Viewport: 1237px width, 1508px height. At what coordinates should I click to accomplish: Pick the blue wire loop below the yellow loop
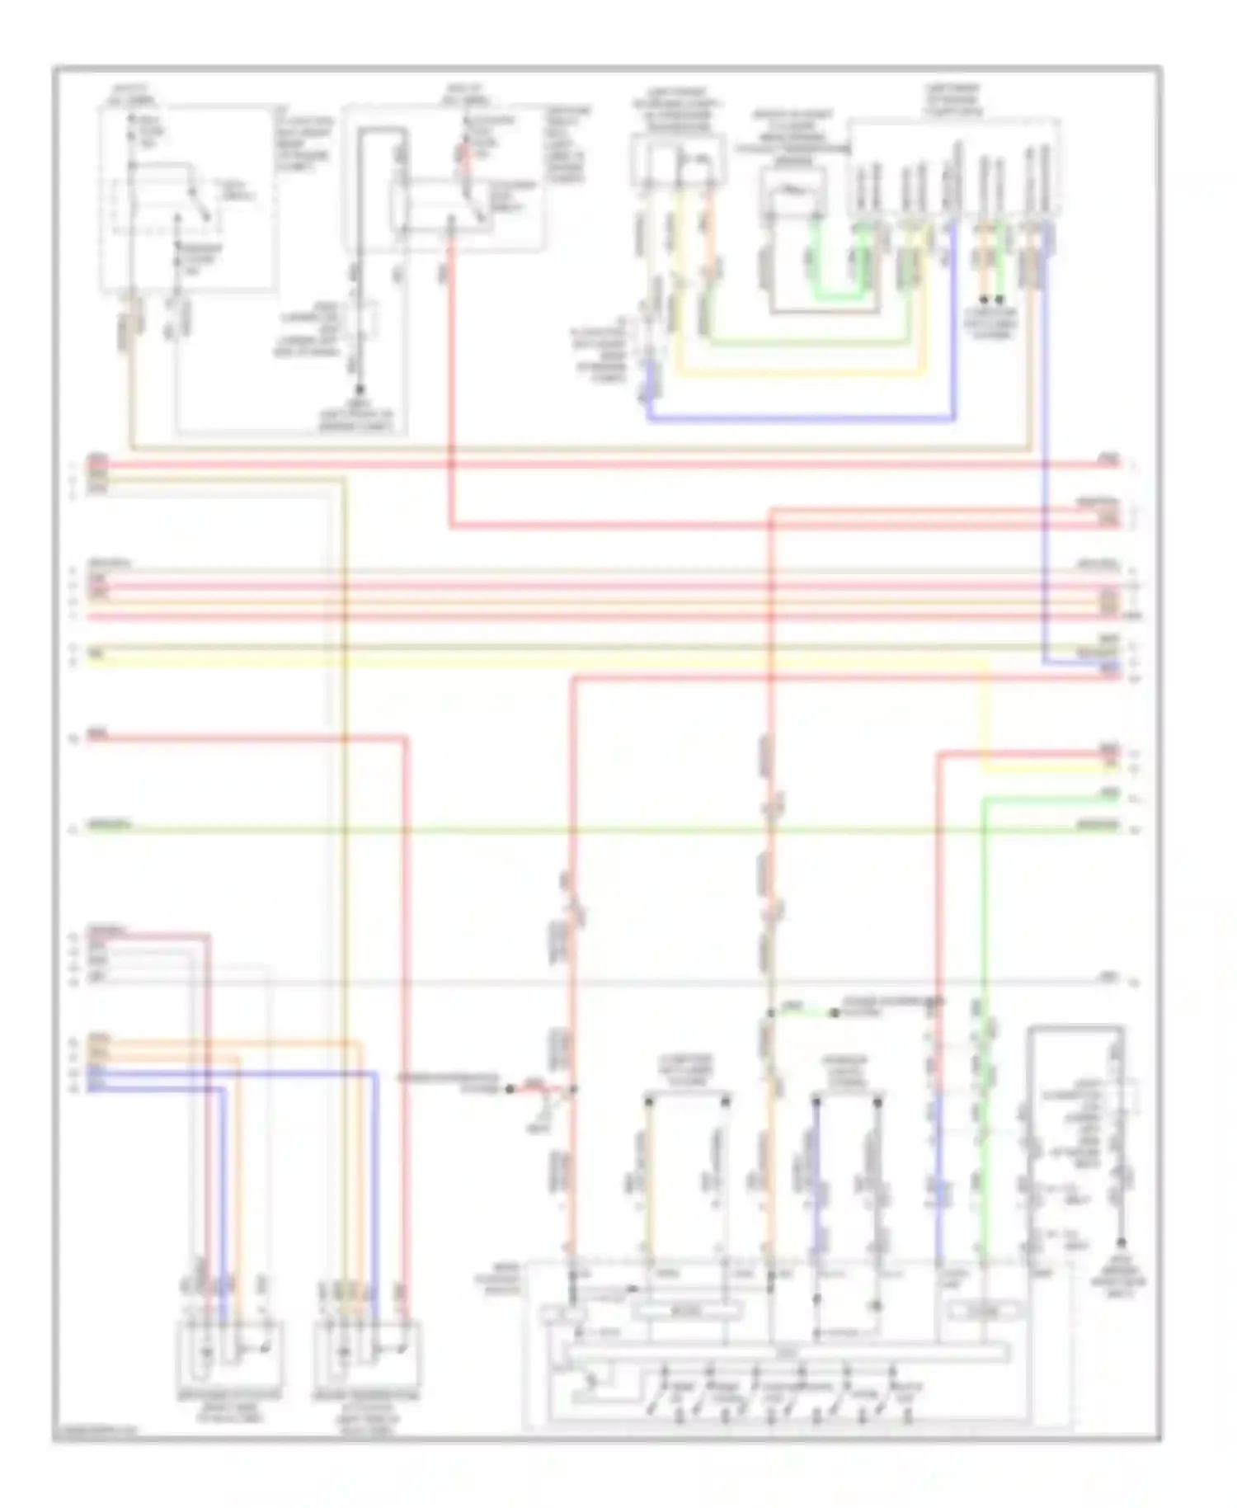point(800,419)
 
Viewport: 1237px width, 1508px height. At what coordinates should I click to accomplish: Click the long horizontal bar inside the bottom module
point(783,1351)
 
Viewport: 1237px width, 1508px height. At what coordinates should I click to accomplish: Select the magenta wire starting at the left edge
point(148,935)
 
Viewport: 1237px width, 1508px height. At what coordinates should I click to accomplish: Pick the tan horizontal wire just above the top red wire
point(577,450)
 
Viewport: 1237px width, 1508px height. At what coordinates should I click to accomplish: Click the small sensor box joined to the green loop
point(791,189)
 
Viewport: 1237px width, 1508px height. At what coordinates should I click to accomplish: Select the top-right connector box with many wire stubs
point(954,169)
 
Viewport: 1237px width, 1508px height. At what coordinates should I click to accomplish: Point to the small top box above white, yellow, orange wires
point(678,161)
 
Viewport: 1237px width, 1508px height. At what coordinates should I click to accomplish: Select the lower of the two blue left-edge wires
point(157,1089)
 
